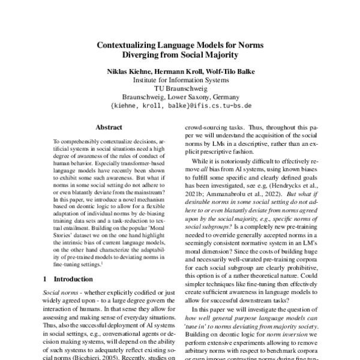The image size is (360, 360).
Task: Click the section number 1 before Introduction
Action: (x=48, y=279)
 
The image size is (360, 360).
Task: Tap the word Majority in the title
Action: (x=216, y=56)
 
